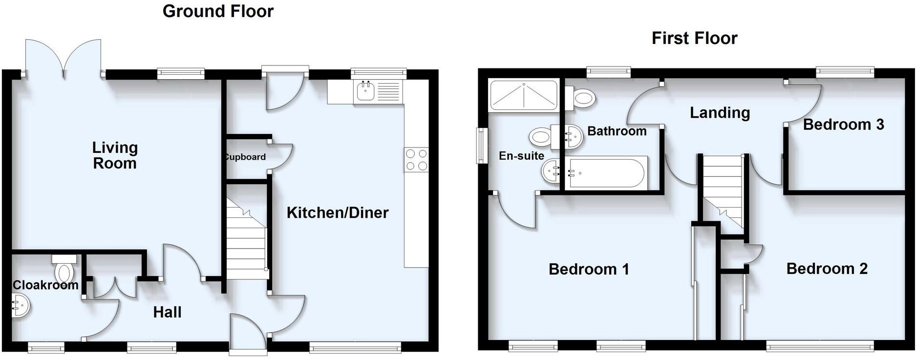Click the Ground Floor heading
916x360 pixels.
coord(218,11)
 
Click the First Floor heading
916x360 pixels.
coord(694,38)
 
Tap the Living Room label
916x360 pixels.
coord(115,155)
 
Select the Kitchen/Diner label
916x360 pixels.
coord(337,212)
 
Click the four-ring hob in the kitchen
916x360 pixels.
coord(416,160)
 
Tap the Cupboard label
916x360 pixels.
coord(246,157)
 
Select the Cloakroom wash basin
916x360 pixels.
coord(20,307)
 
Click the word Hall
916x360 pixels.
coord(167,312)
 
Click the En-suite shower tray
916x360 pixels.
coord(523,95)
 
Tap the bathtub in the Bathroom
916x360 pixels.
coord(606,172)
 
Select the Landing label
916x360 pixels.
coord(720,113)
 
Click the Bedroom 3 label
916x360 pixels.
coord(843,125)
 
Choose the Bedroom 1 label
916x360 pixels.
coord(588,269)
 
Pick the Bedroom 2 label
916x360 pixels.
coord(827,268)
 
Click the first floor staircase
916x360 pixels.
coord(722,191)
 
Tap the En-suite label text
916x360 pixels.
coord(521,156)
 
